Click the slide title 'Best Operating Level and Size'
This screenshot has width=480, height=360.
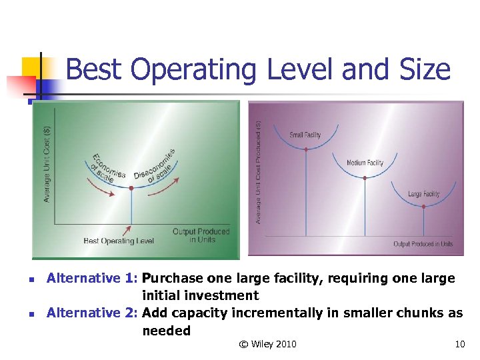point(258,69)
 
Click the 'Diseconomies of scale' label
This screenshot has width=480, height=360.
point(155,166)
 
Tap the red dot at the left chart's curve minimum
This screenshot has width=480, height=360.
point(131,189)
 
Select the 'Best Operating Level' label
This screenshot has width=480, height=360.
point(119,241)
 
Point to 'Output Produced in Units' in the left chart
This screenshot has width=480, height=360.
point(201,235)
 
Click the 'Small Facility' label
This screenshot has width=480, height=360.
point(305,135)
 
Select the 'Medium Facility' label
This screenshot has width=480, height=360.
point(365,163)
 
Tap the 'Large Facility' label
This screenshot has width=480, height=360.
point(423,194)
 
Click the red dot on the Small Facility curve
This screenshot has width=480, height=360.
point(305,149)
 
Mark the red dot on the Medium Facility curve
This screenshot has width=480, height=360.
point(365,177)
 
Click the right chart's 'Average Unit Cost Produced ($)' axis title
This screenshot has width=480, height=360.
point(259,172)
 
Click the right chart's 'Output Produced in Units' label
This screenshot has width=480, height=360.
point(423,244)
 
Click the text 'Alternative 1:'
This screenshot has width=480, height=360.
point(92,278)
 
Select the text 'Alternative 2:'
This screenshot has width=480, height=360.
point(92,313)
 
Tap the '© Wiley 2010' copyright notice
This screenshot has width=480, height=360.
point(267,344)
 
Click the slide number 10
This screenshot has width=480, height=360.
point(459,344)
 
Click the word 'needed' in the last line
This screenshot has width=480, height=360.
point(166,330)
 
